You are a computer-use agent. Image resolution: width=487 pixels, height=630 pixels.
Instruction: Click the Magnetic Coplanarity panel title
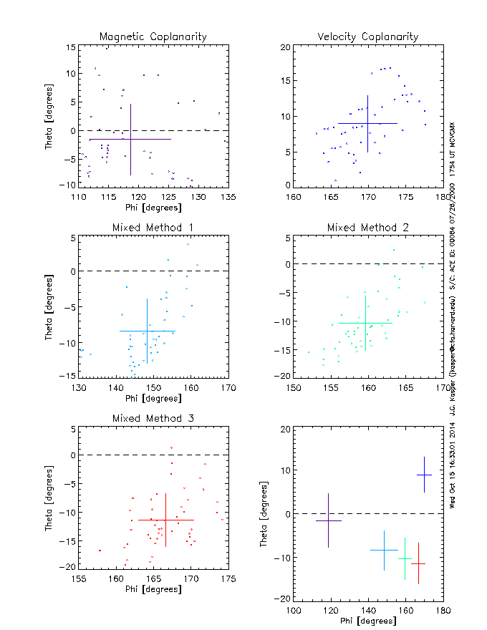pyautogui.click(x=153, y=37)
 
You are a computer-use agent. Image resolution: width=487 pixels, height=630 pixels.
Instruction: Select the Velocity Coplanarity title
pyautogui.click(x=368, y=37)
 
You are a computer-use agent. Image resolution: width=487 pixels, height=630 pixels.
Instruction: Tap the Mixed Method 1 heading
pyautogui.click(x=153, y=228)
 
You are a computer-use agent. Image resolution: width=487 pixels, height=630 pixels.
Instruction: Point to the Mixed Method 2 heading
pyautogui.click(x=368, y=228)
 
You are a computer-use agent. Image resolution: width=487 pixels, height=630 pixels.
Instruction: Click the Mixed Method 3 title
pyautogui.click(x=153, y=418)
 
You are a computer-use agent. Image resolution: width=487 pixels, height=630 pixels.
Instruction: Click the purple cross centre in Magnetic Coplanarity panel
pyautogui.click(x=130, y=139)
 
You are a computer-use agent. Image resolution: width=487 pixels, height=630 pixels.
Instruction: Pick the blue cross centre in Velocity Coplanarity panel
pyautogui.click(x=367, y=123)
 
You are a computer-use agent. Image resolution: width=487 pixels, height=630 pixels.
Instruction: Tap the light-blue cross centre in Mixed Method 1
pyautogui.click(x=147, y=331)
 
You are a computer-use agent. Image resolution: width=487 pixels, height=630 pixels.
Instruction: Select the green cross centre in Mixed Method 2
pyautogui.click(x=365, y=323)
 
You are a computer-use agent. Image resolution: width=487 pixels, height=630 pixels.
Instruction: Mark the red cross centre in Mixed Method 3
pyautogui.click(x=165, y=520)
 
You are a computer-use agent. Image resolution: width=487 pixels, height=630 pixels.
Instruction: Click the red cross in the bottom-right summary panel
pyautogui.click(x=418, y=563)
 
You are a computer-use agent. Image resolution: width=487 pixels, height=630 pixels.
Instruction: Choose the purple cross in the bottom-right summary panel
pyautogui.click(x=328, y=520)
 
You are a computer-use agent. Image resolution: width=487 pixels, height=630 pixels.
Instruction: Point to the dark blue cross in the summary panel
pyautogui.click(x=424, y=475)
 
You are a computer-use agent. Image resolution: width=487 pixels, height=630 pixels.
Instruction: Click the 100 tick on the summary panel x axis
pyautogui.click(x=294, y=610)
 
